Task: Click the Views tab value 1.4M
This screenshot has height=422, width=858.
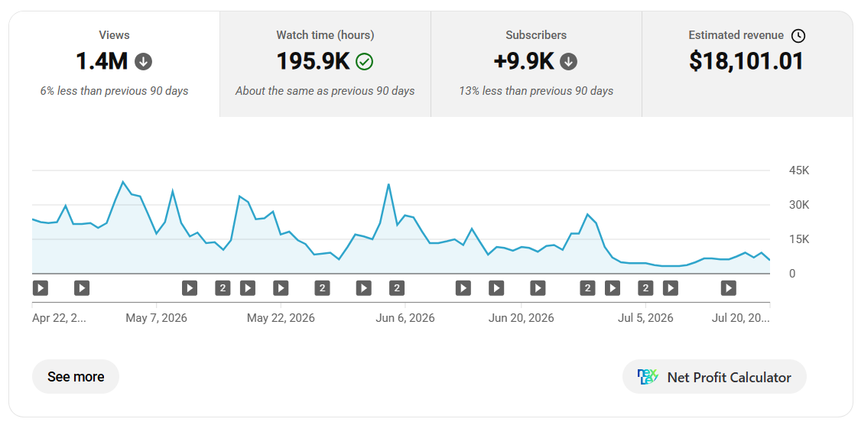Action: coord(101,61)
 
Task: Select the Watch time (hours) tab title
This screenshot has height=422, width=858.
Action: coord(325,35)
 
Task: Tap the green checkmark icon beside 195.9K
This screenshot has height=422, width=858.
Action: coord(364,62)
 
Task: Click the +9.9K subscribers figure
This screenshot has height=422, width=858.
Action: coord(524,61)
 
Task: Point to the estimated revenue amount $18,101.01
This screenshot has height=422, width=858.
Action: coord(746,61)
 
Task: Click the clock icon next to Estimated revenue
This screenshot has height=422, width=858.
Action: coord(798,36)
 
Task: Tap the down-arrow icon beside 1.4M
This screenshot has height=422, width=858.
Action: coord(143,62)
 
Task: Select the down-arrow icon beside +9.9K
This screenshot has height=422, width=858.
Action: coord(568,62)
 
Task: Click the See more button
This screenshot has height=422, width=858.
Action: coord(76,377)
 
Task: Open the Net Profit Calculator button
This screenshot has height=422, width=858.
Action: coord(714,377)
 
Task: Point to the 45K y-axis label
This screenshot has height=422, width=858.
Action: coord(799,170)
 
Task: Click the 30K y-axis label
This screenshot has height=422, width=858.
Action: coord(799,205)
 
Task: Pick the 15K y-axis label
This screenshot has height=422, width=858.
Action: coord(799,239)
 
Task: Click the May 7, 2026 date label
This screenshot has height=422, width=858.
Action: coord(157,318)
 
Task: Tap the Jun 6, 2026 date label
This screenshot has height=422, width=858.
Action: coord(405,318)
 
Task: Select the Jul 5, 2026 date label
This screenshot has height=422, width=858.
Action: coord(645,318)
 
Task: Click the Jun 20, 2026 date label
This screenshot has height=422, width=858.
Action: coord(521,318)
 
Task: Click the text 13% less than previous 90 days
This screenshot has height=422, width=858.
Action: coord(536,91)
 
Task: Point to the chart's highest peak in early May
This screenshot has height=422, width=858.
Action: coord(122,182)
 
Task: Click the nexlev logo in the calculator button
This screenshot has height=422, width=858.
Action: coord(648,377)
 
